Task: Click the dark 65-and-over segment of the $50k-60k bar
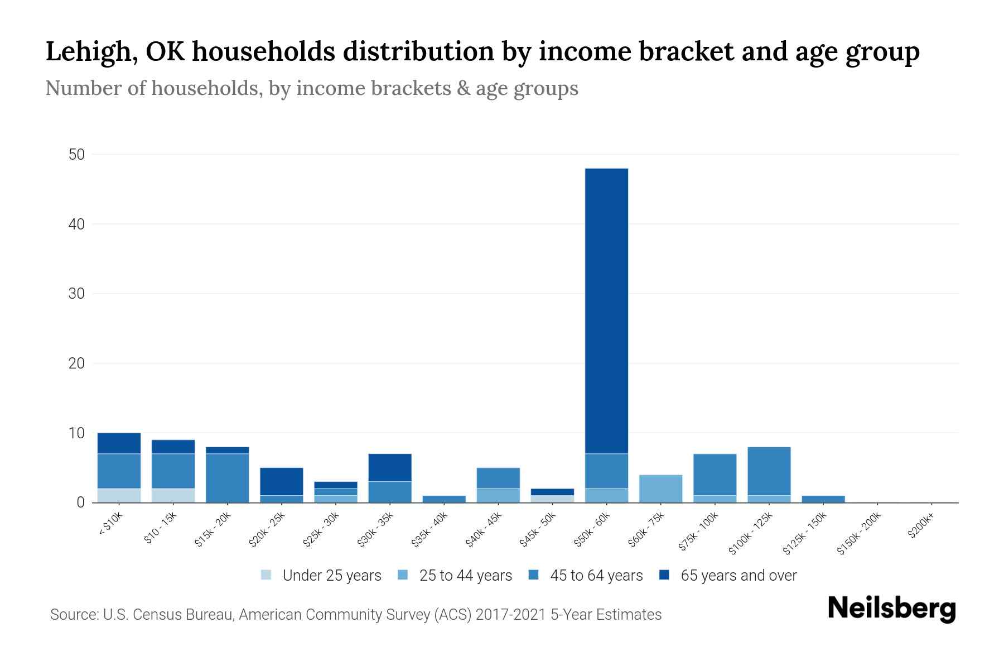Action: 606,310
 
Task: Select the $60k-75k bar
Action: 660,489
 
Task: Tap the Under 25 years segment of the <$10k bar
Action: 119,495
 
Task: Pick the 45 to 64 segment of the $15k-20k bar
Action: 227,478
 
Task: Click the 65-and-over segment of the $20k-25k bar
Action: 281,481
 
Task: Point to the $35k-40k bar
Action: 444,499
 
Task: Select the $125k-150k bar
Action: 823,499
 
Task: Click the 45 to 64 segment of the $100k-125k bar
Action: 769,471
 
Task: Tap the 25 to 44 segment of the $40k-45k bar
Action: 498,495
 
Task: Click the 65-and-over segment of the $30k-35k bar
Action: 390,467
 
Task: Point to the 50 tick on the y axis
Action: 76,155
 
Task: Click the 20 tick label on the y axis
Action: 76,363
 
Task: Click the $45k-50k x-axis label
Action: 538,530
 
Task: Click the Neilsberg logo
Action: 891,609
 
